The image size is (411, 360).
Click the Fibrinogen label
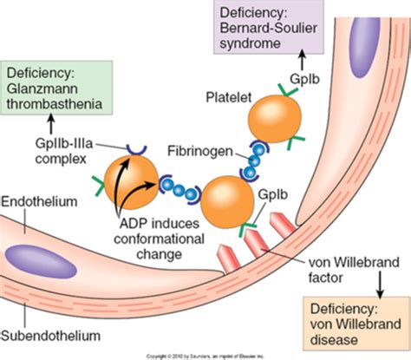click(193, 149)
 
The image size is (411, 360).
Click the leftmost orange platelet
click(127, 176)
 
